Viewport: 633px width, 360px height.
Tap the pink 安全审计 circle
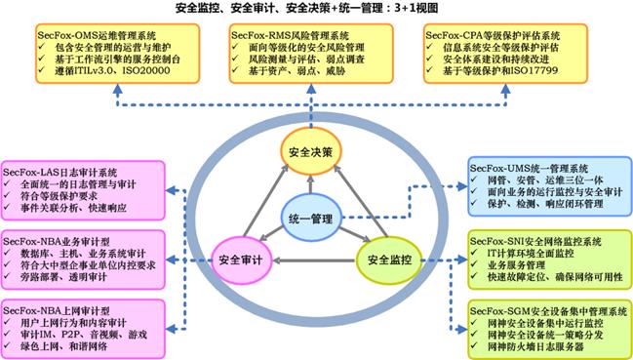click(x=241, y=260)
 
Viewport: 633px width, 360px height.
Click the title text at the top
click(x=316, y=9)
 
